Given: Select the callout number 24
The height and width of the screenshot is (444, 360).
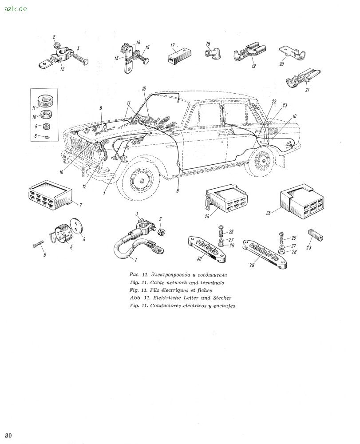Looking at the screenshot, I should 207,217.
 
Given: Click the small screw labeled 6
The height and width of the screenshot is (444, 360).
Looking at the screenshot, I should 38,244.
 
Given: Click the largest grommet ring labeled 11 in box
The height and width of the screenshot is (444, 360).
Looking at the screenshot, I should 44,101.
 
